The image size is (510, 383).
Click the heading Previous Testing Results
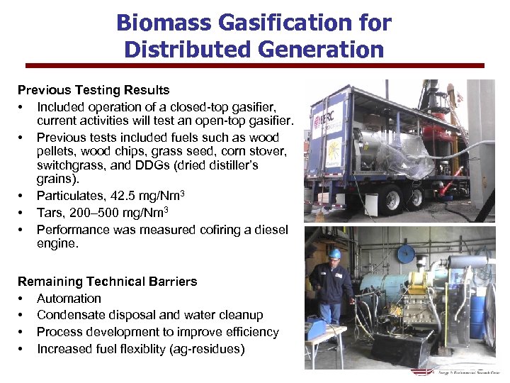pyautogui.click(x=93, y=90)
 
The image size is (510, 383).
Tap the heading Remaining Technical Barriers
pyautogui.click(x=107, y=282)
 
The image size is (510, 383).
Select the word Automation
pyautogui.click(x=69, y=299)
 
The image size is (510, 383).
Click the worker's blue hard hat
pyautogui.click(x=335, y=253)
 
